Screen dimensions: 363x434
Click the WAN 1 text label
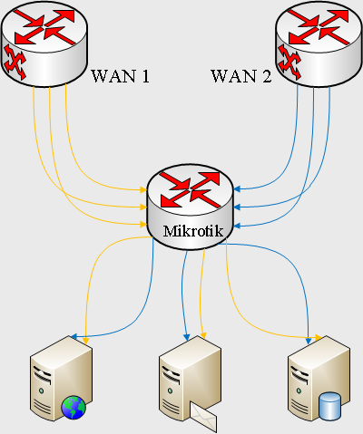click(x=121, y=76)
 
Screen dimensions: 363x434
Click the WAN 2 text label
click(x=241, y=76)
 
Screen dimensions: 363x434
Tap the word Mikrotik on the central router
click(x=193, y=231)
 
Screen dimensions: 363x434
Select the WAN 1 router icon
click(x=44, y=44)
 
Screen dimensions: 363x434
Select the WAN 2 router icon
click(x=319, y=44)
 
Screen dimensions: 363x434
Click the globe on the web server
click(x=74, y=408)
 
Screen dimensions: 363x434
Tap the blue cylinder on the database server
click(x=329, y=406)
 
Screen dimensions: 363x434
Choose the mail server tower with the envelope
click(x=190, y=381)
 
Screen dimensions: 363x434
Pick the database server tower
click(x=319, y=378)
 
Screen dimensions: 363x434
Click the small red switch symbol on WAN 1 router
click(x=15, y=62)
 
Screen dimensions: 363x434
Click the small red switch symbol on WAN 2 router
click(x=289, y=62)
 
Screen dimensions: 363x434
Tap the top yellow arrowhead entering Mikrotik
click(x=143, y=189)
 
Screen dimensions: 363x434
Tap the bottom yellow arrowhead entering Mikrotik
click(x=143, y=224)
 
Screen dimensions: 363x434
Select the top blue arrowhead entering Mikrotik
click(x=238, y=189)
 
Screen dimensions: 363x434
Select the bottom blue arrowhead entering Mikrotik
click(x=238, y=226)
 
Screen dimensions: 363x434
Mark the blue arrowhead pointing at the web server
click(x=74, y=336)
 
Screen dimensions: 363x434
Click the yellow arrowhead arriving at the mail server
click(x=203, y=335)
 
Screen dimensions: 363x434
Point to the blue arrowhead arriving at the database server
click(x=309, y=341)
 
